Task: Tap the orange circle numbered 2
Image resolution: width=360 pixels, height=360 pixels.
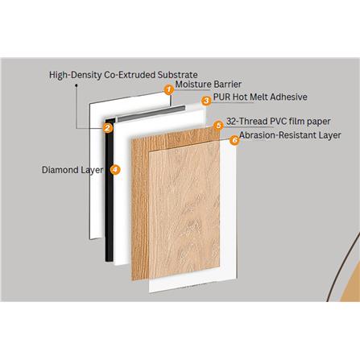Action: pyautogui.click(x=107, y=127)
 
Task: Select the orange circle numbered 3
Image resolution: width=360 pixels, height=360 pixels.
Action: pyautogui.click(x=206, y=100)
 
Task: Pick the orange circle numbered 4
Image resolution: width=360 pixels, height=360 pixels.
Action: pyautogui.click(x=116, y=171)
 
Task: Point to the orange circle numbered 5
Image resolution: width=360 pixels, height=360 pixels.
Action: pyautogui.click(x=218, y=126)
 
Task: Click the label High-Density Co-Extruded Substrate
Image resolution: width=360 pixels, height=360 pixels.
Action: pyautogui.click(x=123, y=74)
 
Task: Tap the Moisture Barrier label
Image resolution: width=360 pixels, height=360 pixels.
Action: pyautogui.click(x=209, y=85)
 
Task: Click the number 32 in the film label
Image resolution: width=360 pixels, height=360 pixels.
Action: pyautogui.click(x=231, y=122)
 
